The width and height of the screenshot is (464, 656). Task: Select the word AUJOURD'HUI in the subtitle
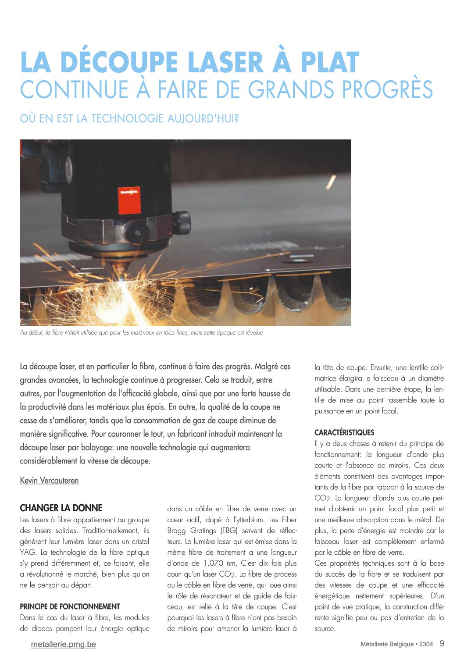pyautogui.click(x=200, y=119)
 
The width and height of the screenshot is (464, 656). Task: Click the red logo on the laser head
pyautogui.click(x=129, y=200)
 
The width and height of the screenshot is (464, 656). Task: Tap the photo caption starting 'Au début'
pyautogui.click(x=141, y=333)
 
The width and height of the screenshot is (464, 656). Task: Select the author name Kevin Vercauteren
pyautogui.click(x=49, y=481)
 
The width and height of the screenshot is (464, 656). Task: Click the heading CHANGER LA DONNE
pyautogui.click(x=61, y=508)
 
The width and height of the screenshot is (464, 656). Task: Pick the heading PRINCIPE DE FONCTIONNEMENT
pyautogui.click(x=70, y=606)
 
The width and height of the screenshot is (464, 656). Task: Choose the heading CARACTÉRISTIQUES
pyautogui.click(x=344, y=432)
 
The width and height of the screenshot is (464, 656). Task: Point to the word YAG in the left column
pyautogui.click(x=28, y=552)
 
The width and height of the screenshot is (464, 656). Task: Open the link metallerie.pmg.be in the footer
pyautogui.click(x=63, y=644)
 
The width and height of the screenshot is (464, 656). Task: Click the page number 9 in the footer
pyautogui.click(x=442, y=644)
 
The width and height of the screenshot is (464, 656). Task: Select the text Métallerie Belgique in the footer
pyautogui.click(x=387, y=644)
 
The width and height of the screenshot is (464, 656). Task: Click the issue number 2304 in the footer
pyautogui.click(x=426, y=644)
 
